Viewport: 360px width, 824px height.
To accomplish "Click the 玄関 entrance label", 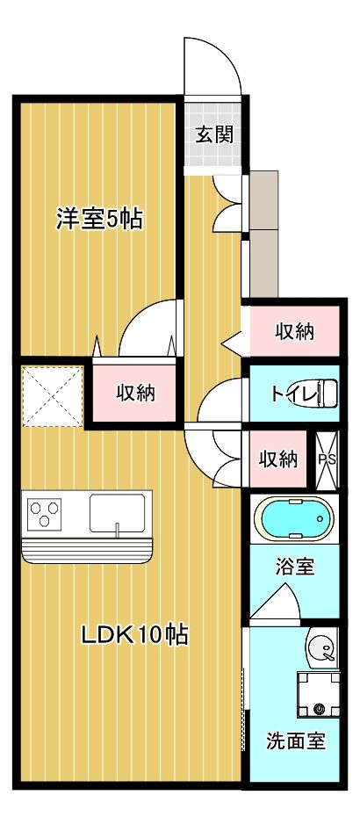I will click(x=213, y=134).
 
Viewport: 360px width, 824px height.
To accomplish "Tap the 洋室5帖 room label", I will click(x=99, y=219).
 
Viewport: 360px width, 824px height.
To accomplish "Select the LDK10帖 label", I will click(x=135, y=635).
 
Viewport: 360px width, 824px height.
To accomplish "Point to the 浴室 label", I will click(x=295, y=567).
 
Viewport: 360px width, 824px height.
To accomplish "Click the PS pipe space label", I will click(x=326, y=459).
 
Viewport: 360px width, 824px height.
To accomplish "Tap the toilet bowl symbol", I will click(x=325, y=393).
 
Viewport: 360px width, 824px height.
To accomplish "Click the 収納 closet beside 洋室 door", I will click(x=135, y=393).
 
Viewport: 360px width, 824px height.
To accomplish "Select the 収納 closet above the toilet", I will click(x=294, y=331).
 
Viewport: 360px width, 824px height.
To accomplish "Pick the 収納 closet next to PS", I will click(x=277, y=459).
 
